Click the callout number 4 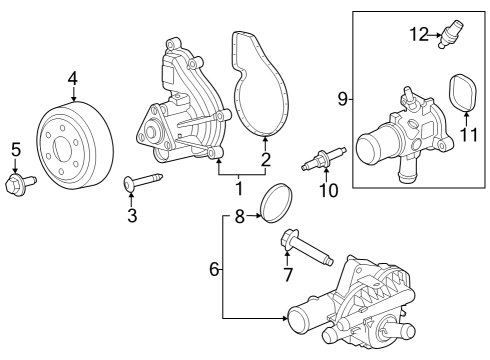[73, 78]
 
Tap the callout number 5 [15, 151]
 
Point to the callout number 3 [132, 216]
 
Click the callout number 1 [238, 187]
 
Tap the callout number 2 [266, 159]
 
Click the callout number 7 [287, 274]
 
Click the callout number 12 [418, 36]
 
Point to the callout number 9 [343, 98]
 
